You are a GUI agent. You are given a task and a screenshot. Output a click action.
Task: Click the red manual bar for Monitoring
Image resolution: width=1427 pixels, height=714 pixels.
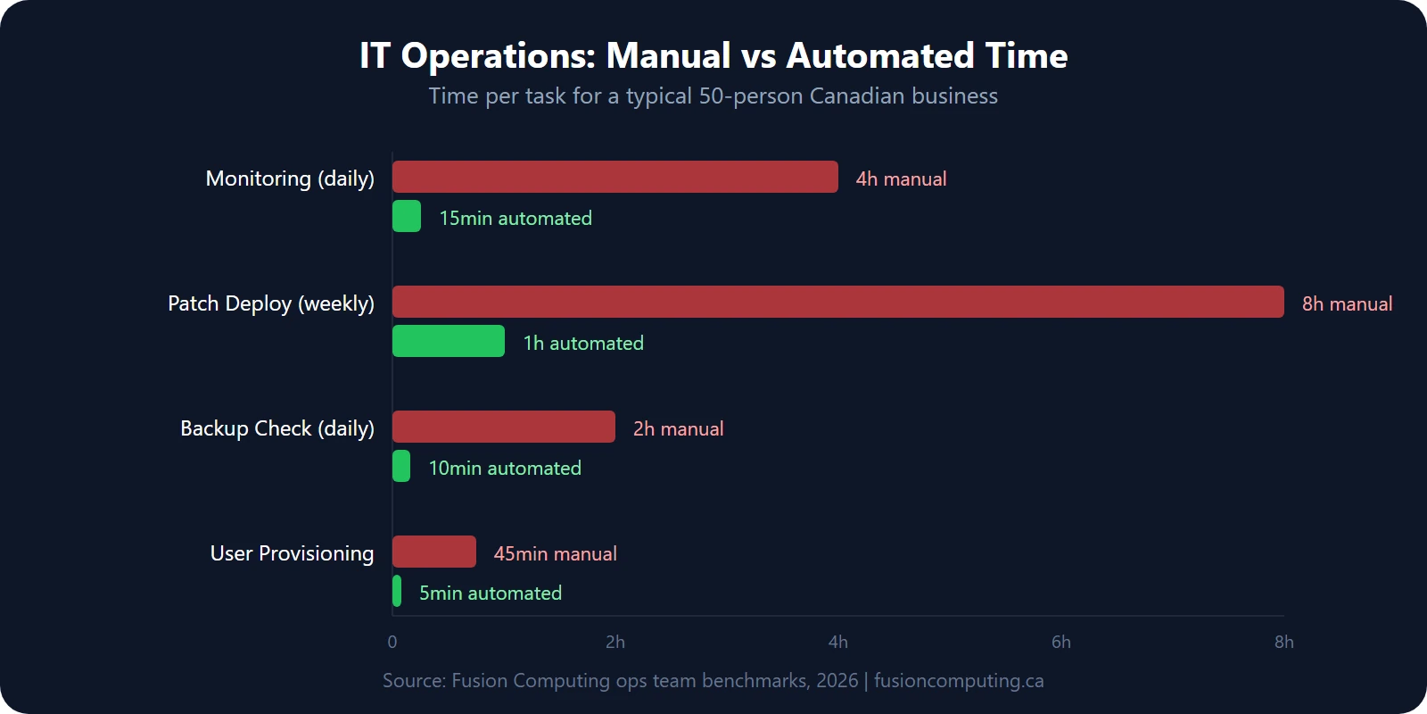click(615, 177)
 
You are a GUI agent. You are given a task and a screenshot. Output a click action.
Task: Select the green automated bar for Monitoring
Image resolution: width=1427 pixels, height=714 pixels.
click(407, 216)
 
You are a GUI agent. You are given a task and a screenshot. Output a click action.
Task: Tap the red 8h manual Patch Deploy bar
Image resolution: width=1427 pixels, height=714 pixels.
click(838, 302)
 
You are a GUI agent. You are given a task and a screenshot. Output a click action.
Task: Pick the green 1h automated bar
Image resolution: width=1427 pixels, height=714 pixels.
click(449, 341)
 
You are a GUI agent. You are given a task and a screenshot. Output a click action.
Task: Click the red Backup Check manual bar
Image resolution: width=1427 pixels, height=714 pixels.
click(504, 427)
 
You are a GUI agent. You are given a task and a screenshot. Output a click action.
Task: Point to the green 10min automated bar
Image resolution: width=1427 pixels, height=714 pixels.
click(401, 466)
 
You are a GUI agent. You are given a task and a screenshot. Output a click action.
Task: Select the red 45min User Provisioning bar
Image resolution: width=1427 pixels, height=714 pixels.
click(434, 552)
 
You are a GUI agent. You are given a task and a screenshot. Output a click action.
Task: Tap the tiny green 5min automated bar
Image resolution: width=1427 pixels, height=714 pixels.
click(397, 591)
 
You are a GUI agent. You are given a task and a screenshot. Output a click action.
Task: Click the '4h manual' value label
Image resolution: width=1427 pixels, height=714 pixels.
click(901, 178)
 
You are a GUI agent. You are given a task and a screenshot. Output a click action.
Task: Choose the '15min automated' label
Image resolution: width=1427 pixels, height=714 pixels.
click(516, 218)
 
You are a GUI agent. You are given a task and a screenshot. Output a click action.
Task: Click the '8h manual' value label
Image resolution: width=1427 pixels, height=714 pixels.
click(1347, 303)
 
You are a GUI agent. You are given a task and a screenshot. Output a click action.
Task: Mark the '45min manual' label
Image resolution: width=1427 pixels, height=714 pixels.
click(555, 553)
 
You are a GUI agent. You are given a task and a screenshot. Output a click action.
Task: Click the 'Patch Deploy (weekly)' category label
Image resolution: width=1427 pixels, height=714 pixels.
click(271, 303)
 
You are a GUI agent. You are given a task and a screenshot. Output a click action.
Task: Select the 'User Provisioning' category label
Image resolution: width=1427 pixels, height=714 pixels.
click(292, 553)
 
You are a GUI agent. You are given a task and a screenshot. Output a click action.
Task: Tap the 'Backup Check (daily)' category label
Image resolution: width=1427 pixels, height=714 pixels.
click(277, 428)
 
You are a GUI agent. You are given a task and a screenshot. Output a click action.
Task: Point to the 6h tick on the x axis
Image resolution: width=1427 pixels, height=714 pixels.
click(1061, 642)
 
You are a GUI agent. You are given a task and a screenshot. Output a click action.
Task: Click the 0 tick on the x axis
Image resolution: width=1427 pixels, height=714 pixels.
click(392, 642)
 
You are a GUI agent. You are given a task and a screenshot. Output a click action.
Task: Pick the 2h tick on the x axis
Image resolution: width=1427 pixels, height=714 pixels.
click(615, 642)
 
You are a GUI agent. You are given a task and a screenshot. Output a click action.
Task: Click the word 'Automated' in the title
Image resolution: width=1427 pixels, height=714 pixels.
click(880, 55)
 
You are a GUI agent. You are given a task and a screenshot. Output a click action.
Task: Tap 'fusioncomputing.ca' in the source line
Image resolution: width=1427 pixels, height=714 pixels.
click(959, 680)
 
